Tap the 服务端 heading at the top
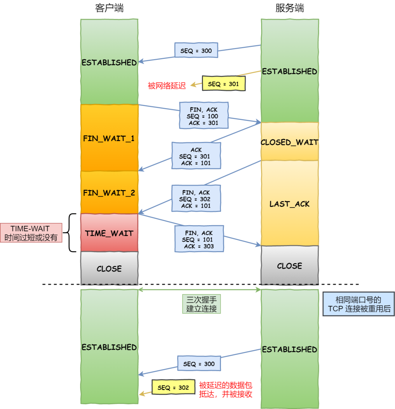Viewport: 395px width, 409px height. point(289,8)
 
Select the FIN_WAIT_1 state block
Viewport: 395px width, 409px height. point(109,139)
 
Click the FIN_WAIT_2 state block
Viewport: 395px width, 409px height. point(109,193)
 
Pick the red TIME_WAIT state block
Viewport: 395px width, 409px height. point(109,233)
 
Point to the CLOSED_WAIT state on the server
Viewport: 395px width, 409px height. point(289,142)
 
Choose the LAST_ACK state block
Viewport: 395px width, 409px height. point(289,204)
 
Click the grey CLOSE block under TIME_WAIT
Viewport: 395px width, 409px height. point(109,268)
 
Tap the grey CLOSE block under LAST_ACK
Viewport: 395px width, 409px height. point(289,266)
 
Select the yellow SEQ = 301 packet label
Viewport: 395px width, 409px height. point(223,84)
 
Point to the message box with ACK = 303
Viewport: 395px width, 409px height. point(199,239)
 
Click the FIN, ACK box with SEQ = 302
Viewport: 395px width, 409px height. point(196,198)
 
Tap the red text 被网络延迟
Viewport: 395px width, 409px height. point(167,86)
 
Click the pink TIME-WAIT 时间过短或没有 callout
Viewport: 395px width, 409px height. point(31,233)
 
